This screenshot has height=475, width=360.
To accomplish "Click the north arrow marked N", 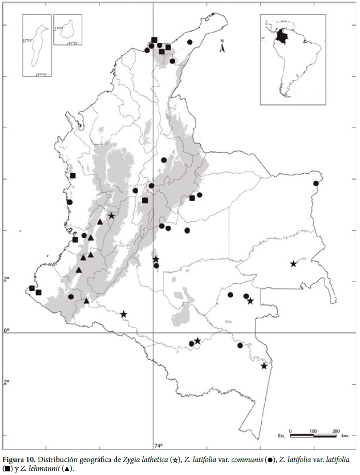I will (x=222, y=48).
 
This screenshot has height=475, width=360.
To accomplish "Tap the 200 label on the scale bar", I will (x=336, y=430).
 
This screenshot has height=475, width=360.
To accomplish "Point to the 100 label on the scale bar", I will (x=313, y=430).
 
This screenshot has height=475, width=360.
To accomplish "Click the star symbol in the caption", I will (x=176, y=459).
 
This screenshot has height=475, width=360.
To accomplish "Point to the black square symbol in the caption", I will (x=7, y=469).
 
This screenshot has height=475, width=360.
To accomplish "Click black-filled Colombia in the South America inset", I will (x=281, y=36).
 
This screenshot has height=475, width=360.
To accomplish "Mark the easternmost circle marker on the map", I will (x=316, y=183).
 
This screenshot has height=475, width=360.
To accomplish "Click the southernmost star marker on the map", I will (x=264, y=366).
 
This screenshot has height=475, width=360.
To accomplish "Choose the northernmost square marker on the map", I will (x=154, y=40).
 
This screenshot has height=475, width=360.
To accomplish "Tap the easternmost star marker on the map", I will (x=293, y=264).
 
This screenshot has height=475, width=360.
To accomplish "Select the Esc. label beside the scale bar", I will (x=282, y=436).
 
